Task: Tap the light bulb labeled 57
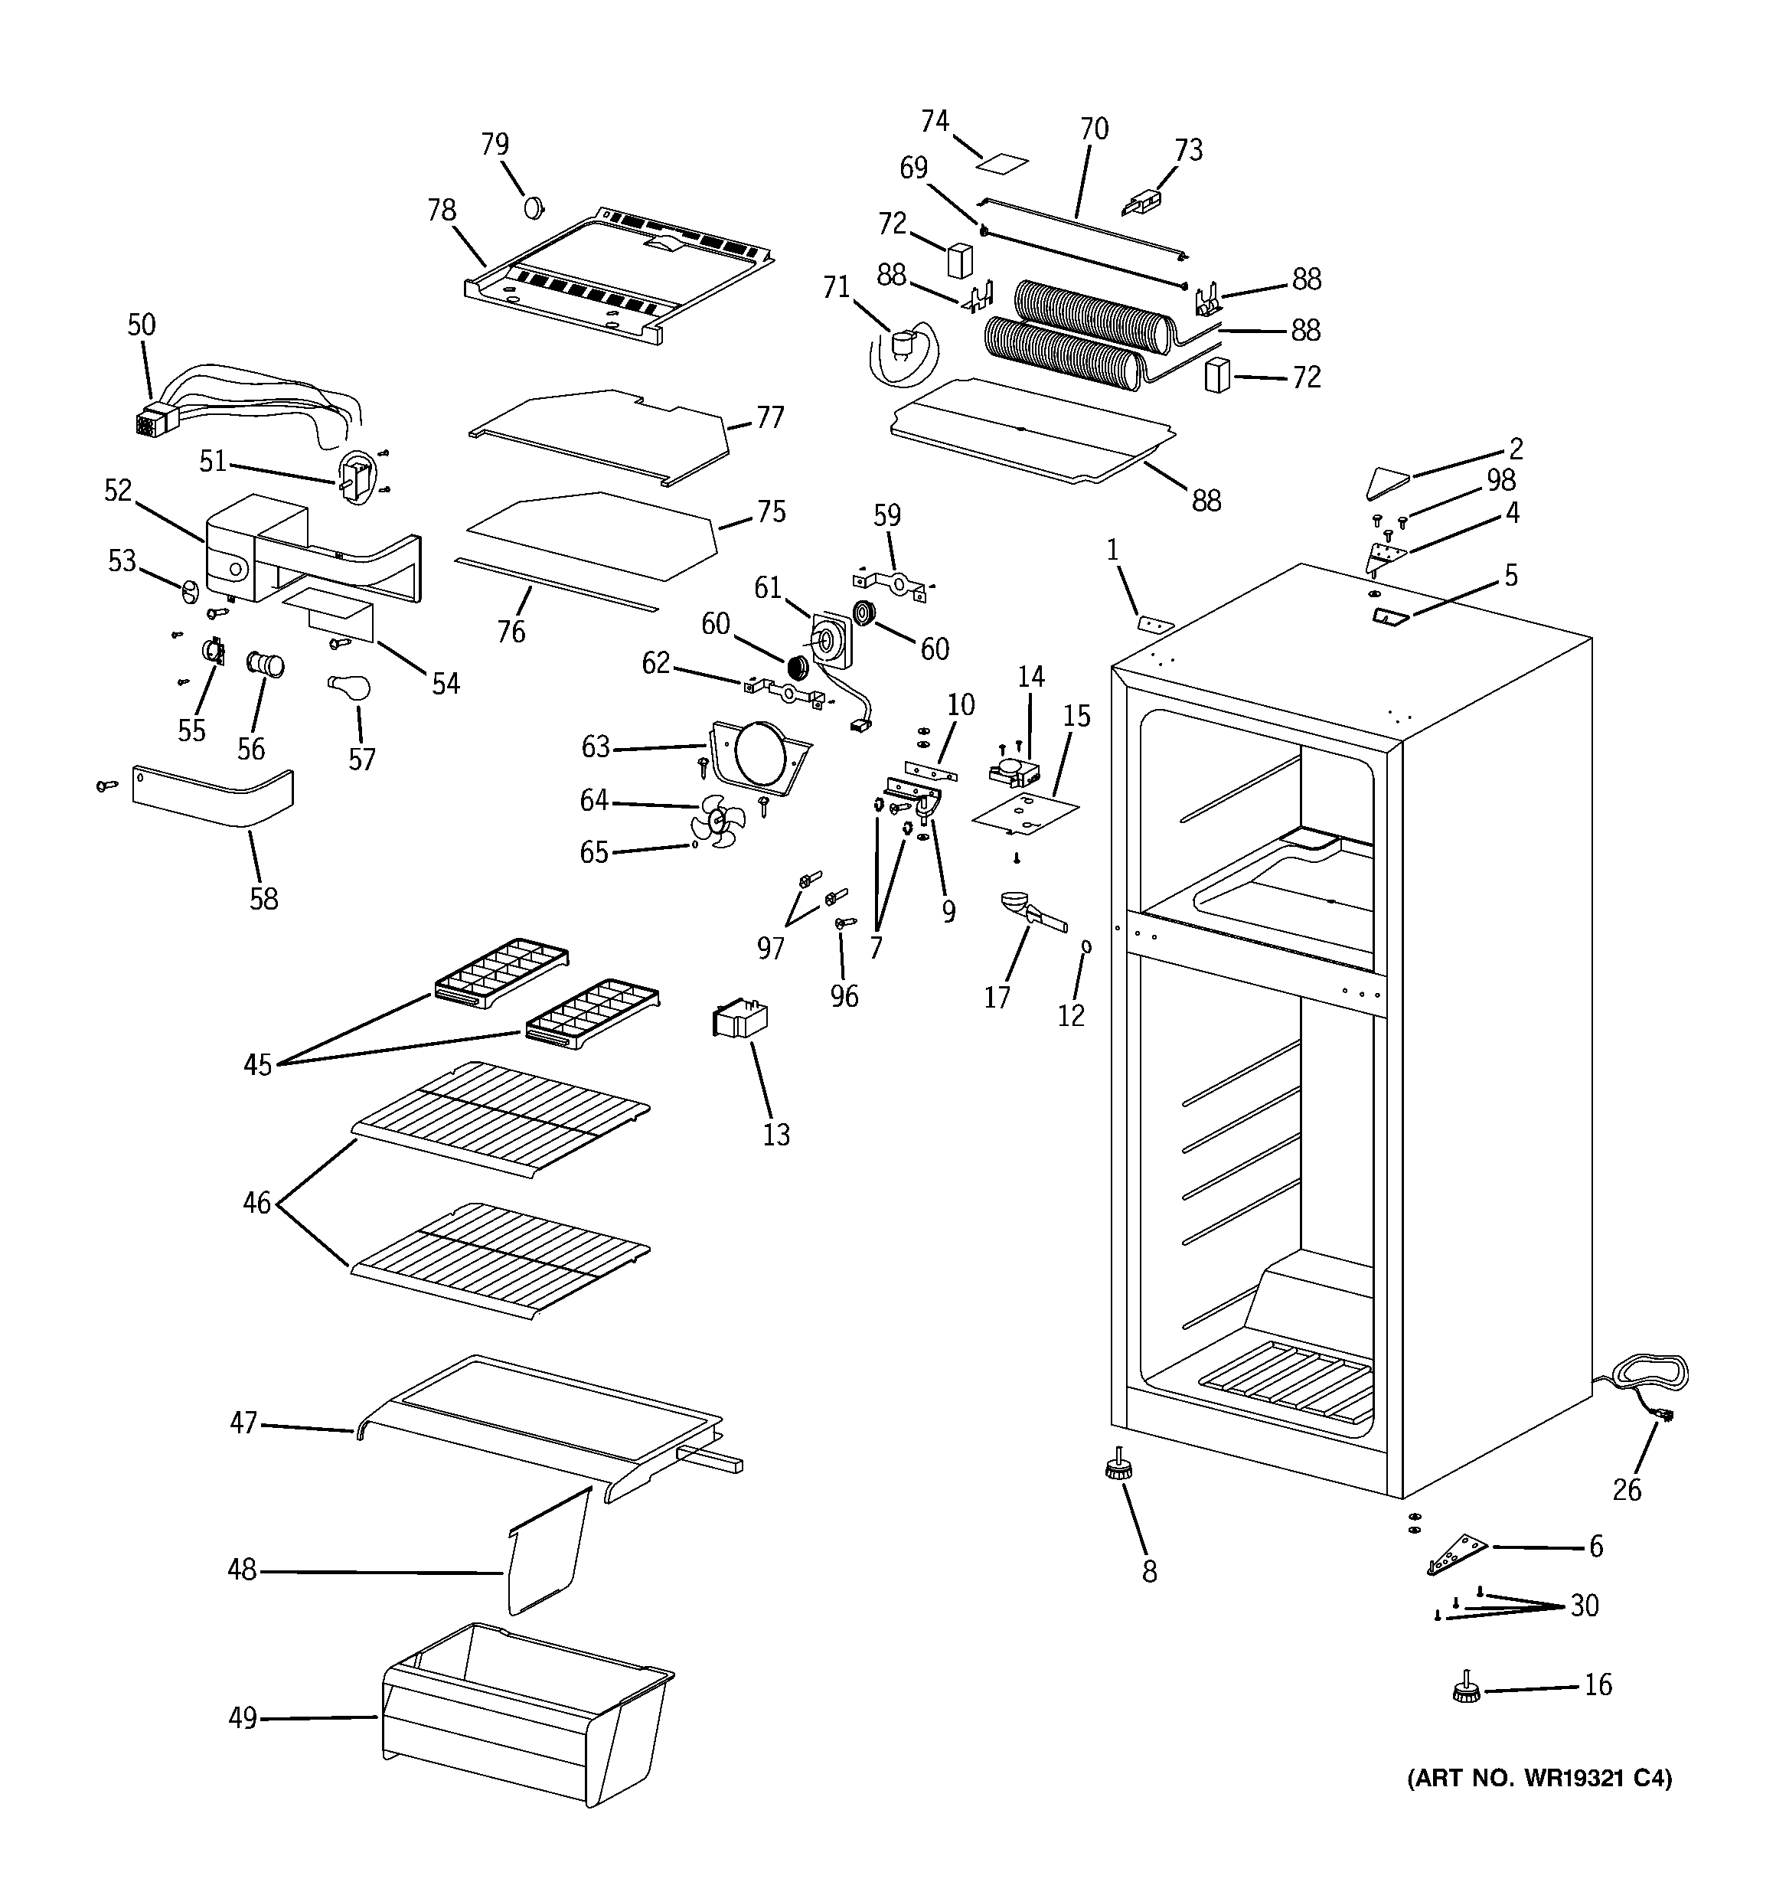349,688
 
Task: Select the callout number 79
495,144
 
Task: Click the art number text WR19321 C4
1539,1778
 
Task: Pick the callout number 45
257,1065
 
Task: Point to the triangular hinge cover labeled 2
1388,482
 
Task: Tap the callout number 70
1095,129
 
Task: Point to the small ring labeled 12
1086,946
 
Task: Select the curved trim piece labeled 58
214,797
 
